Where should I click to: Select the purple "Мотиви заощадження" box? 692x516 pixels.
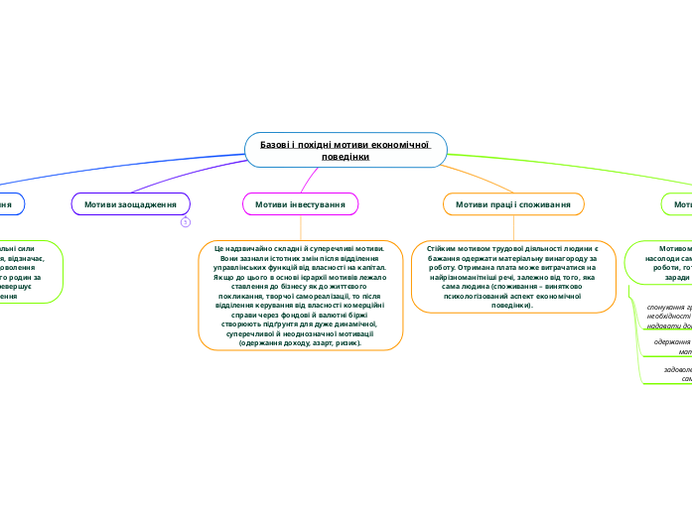(131, 203)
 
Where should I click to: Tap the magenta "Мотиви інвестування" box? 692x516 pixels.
(300, 203)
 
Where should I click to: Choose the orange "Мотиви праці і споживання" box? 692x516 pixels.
(512, 203)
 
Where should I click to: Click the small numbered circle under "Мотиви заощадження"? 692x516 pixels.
(185, 222)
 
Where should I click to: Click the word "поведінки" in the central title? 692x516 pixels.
(346, 157)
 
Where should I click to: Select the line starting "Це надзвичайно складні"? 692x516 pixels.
(301, 247)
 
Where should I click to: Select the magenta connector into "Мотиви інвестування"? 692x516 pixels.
(310, 180)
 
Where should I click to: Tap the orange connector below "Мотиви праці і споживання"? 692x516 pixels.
(512, 225)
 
